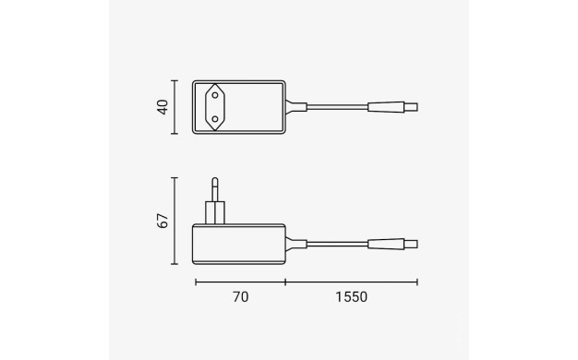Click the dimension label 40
pos(163,107)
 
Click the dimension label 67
pos(163,221)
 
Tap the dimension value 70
pos(241,297)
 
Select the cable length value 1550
pos(351,297)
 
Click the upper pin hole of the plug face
pos(215,95)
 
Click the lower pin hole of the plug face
pos(215,119)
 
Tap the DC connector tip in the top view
pos(411,107)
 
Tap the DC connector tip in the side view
pos(411,244)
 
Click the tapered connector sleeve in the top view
pos(386,107)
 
